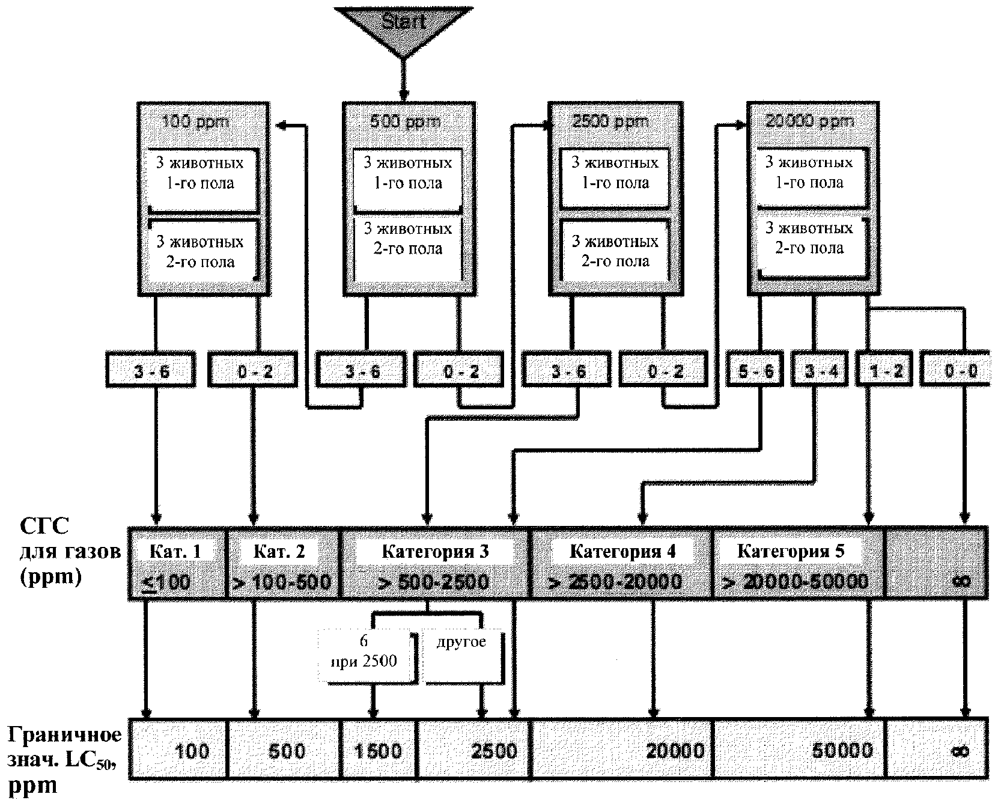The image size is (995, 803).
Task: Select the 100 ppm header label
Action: pyautogui.click(x=196, y=121)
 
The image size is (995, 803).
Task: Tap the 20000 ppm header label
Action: pyautogui.click(x=811, y=121)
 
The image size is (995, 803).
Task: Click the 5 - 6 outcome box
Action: pyautogui.click(x=755, y=371)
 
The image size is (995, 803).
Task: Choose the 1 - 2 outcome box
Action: pyautogui.click(x=886, y=371)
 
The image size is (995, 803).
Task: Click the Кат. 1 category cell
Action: pyautogui.click(x=177, y=564)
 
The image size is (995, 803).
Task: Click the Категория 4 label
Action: pyautogui.click(x=622, y=551)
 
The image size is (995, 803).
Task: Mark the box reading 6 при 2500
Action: pyautogui.click(x=364, y=653)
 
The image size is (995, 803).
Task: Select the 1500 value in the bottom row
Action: pyautogui.click(x=378, y=750)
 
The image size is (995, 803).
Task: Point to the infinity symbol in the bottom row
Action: pyautogui.click(x=960, y=750)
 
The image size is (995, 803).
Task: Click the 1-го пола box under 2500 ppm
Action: pyautogui.click(x=615, y=173)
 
